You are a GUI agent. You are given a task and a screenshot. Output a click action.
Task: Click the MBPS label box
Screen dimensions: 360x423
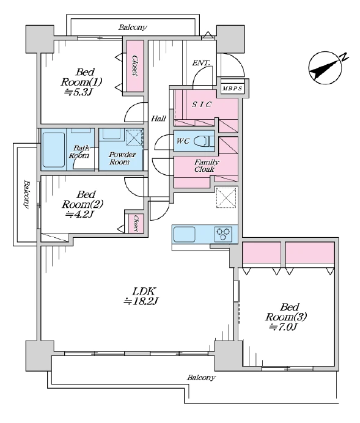(x=233, y=89)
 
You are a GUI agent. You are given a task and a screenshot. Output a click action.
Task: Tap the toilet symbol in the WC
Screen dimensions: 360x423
(x=204, y=141)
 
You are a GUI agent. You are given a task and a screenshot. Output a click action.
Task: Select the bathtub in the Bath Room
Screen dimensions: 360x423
(x=54, y=149)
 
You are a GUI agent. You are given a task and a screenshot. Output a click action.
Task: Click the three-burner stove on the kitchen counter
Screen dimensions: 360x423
(x=223, y=234)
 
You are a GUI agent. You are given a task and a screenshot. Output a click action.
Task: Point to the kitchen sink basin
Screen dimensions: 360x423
(x=185, y=235)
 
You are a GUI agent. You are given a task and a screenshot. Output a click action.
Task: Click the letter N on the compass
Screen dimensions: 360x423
(x=344, y=57)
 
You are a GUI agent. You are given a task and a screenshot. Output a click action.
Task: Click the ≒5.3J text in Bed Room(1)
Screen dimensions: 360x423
(x=78, y=92)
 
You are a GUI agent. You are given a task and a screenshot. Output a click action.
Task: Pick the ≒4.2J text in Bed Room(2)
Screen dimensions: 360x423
(x=80, y=215)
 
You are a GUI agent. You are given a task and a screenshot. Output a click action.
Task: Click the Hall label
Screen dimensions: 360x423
(x=158, y=119)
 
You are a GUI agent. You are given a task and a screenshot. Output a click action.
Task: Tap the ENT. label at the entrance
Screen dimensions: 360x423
(x=201, y=63)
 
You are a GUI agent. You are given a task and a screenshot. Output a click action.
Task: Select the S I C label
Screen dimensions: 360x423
(x=202, y=105)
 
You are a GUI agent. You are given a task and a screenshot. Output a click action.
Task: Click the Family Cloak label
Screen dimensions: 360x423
(x=207, y=166)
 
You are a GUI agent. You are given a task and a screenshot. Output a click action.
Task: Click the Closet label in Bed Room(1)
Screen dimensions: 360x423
(x=135, y=65)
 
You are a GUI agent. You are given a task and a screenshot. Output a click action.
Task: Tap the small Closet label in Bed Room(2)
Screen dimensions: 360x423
(x=136, y=223)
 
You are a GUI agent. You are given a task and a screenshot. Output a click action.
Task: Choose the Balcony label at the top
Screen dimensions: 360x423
(x=133, y=28)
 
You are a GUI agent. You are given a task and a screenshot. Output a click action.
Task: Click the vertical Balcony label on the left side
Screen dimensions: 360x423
(x=26, y=194)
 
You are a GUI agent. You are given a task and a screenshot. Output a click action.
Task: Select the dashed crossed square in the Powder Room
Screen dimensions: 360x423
(x=134, y=138)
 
